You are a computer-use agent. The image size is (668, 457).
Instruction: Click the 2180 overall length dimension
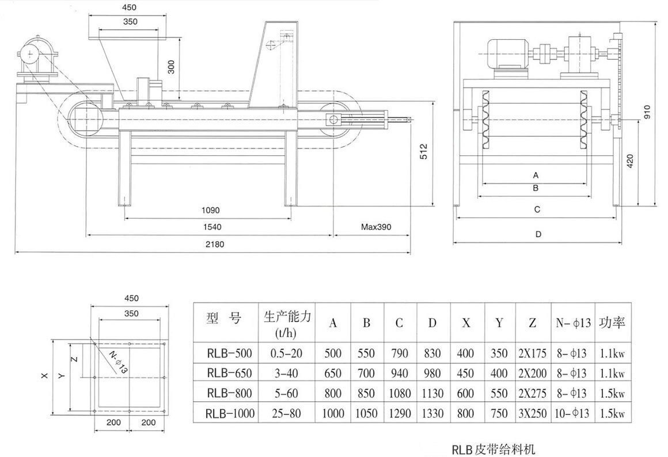(x=212, y=244)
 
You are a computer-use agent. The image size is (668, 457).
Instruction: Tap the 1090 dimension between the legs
(x=210, y=211)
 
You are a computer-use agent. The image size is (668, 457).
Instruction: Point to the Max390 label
(x=375, y=227)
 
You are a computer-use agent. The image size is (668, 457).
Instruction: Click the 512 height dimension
(x=423, y=152)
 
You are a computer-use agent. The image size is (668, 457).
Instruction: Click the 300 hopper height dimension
(x=170, y=68)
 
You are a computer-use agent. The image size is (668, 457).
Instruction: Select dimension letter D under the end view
(x=538, y=234)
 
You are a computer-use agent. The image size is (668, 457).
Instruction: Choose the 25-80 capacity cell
(x=286, y=413)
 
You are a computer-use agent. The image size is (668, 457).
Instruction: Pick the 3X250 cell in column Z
(x=532, y=413)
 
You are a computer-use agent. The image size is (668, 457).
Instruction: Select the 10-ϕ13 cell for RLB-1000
(x=572, y=413)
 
